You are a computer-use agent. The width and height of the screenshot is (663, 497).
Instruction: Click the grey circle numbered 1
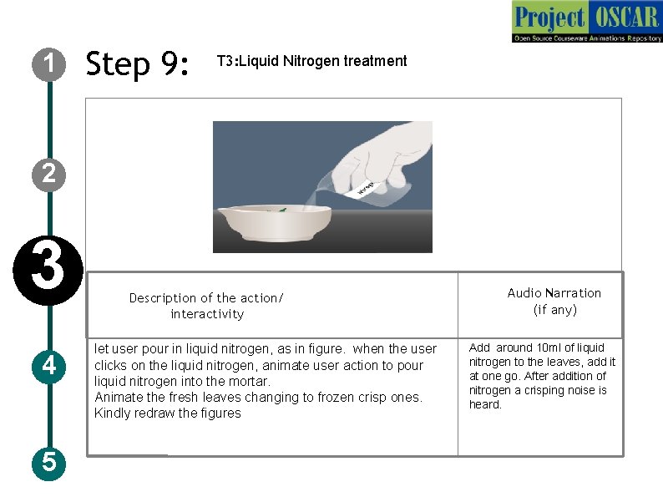pyautogui.click(x=48, y=64)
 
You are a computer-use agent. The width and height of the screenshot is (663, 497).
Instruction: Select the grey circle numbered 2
pyautogui.click(x=48, y=175)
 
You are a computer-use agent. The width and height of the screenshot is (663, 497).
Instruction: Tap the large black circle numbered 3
pyautogui.click(x=48, y=271)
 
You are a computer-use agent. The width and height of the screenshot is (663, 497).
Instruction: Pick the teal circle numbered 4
pyautogui.click(x=48, y=367)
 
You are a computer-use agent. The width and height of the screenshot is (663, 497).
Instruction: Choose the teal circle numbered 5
pyautogui.click(x=48, y=462)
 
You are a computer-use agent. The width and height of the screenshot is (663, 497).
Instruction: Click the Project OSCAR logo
pyautogui.click(x=587, y=21)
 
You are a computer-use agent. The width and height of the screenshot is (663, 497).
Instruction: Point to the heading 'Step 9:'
pyautogui.click(x=137, y=63)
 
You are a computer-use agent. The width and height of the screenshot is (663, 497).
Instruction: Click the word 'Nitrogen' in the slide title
pyautogui.click(x=311, y=61)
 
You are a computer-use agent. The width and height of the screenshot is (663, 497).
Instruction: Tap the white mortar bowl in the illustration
pyautogui.click(x=275, y=223)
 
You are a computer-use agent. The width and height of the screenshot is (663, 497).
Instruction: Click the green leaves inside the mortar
pyautogui.click(x=280, y=210)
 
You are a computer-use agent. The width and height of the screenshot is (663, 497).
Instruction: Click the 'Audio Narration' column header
pyautogui.click(x=554, y=293)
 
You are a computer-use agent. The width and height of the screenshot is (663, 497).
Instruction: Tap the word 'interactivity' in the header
pyautogui.click(x=207, y=314)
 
